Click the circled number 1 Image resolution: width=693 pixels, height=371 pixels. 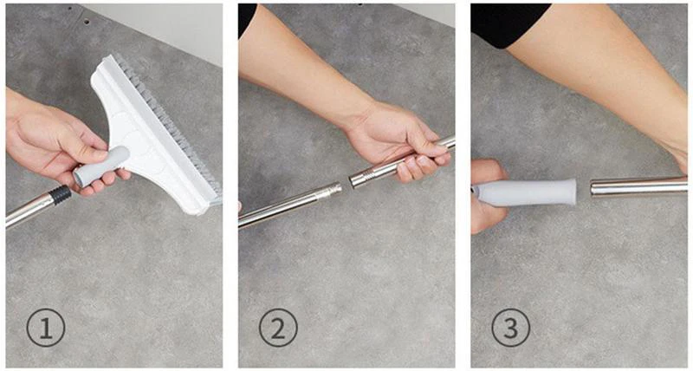pyautogui.click(x=46, y=328)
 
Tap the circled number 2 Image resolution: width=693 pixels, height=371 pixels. pyautogui.click(x=278, y=328)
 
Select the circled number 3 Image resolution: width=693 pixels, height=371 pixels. pyautogui.click(x=511, y=328)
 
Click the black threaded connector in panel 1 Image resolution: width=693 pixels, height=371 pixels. pyautogui.click(x=60, y=193)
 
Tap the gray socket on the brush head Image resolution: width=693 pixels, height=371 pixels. pyautogui.click(x=101, y=166)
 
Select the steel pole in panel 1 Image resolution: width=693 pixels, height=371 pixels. pyautogui.click(x=31, y=210)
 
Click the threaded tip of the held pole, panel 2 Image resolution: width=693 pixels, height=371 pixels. pyautogui.click(x=359, y=179)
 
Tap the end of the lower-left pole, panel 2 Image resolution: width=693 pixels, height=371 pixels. pyautogui.click(x=334, y=190)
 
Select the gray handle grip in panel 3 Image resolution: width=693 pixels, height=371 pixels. pyautogui.click(x=526, y=192)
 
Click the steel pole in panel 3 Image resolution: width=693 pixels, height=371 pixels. pyautogui.click(x=639, y=185)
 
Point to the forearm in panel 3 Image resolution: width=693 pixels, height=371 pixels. pyautogui.click(x=606, y=80)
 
